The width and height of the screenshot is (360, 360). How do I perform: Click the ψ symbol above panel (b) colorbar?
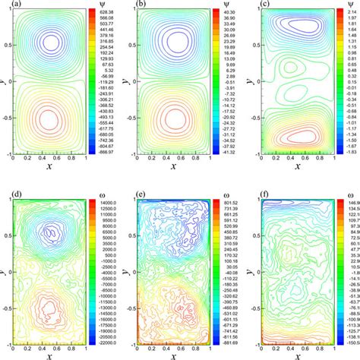[215, 5]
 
